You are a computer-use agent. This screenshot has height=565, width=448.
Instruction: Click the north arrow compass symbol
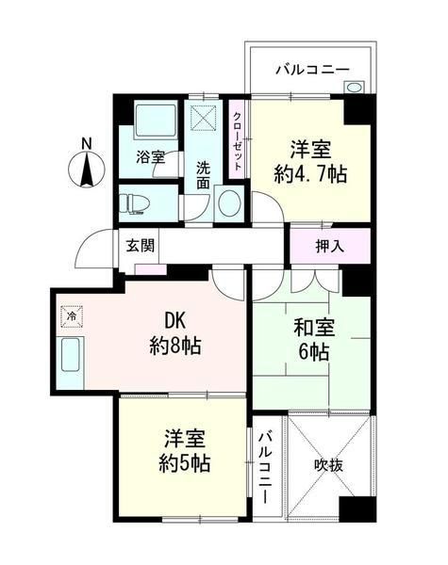pyautogui.click(x=86, y=172)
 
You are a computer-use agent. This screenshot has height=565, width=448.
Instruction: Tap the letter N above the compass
pyautogui.click(x=86, y=144)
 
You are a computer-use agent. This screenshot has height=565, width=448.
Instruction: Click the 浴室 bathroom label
pyautogui.click(x=149, y=156)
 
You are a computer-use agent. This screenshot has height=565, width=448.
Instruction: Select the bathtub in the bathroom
pyautogui.click(x=149, y=121)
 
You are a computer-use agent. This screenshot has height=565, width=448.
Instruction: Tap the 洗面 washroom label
pyautogui.click(x=203, y=174)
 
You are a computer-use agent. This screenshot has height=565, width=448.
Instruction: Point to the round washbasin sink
pyautogui.click(x=227, y=202)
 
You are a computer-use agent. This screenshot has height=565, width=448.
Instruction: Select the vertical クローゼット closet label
pyautogui.click(x=238, y=140)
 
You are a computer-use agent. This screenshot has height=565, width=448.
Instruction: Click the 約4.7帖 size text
pyautogui.click(x=308, y=173)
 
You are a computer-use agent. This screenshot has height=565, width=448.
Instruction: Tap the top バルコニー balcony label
pyautogui.click(x=312, y=69)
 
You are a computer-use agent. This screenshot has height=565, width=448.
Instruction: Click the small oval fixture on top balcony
pyautogui.click(x=354, y=89)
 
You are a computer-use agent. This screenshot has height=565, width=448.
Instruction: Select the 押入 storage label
pyautogui.click(x=329, y=247)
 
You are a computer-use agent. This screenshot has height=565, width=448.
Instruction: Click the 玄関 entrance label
pyautogui.click(x=141, y=246)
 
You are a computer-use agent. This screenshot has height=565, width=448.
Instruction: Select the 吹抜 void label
pyautogui.click(x=330, y=464)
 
